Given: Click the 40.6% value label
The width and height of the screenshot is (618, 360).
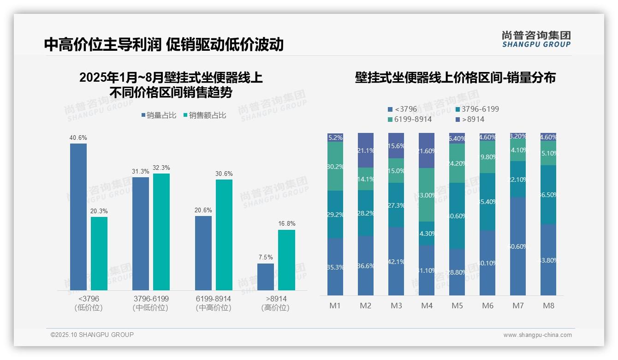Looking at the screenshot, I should point(78,138).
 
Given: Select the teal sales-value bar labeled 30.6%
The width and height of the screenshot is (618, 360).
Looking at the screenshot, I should point(224,234).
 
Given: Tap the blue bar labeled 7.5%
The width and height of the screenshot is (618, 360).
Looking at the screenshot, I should point(266,277).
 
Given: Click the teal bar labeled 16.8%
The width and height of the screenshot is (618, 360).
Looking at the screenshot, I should point(286,260).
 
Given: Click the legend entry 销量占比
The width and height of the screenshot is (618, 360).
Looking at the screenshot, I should point(159,115).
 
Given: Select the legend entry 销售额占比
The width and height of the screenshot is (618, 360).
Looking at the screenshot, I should point(205,115).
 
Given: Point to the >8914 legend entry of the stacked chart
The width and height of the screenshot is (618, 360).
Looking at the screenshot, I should point(469,120).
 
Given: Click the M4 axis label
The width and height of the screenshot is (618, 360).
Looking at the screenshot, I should point(427,306).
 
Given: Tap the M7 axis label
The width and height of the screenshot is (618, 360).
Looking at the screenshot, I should point(518,306).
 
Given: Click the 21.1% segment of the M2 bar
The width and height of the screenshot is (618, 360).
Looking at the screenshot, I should point(366,150).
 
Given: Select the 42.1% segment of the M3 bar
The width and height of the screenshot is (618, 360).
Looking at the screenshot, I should point(396,261).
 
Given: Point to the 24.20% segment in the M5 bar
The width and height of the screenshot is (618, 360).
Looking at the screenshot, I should point(457,163).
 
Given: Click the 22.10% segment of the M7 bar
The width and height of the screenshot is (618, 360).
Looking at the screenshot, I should point(518,179).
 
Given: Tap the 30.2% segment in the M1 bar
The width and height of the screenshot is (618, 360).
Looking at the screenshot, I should point(335,166).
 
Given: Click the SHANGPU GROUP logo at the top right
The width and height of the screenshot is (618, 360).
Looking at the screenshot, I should point(536,39).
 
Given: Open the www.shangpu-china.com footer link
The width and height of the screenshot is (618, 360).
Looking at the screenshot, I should point(537,335).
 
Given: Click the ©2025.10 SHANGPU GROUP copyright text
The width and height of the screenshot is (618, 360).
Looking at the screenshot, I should point(92,335).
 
